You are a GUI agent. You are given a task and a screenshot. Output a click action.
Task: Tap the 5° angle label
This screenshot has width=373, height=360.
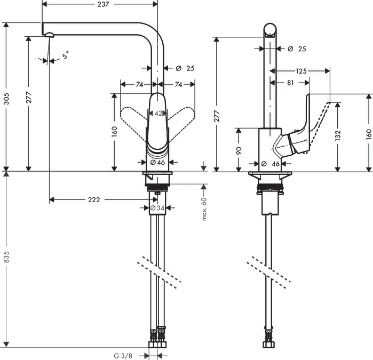click(x=65, y=54)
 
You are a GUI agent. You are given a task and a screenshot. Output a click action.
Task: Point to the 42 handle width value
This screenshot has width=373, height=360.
click(x=158, y=113)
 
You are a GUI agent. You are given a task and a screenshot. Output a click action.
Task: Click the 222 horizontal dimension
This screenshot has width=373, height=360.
click(x=94, y=199)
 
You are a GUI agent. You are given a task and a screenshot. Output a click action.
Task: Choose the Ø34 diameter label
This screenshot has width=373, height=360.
click(x=158, y=208)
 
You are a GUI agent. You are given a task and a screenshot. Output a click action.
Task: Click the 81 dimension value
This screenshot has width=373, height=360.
click(x=290, y=83)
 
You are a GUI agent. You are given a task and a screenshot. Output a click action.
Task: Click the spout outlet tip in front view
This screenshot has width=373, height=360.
click(x=50, y=36)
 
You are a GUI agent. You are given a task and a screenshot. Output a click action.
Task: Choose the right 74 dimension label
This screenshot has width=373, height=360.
click(x=178, y=84)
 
